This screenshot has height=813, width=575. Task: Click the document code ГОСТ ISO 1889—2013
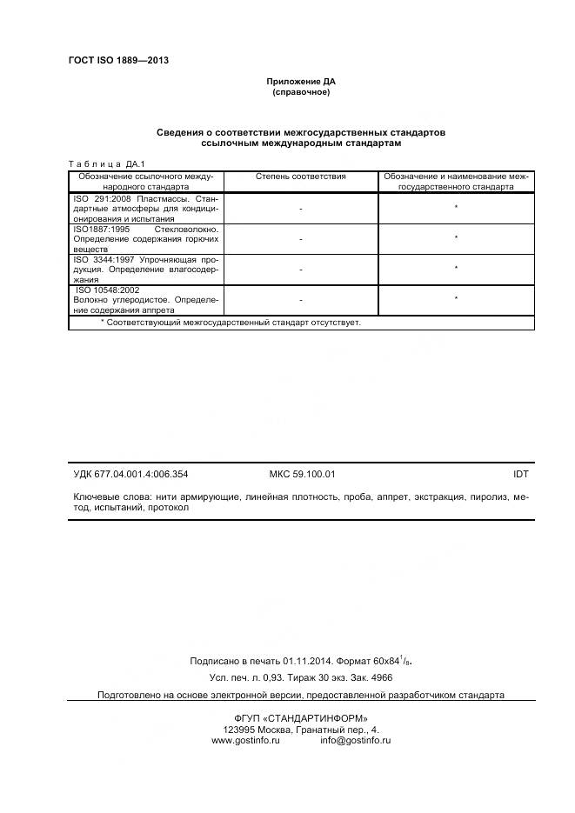[x=117, y=60]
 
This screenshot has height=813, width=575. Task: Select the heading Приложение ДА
[x=300, y=82]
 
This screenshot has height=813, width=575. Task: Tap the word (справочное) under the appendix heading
[x=300, y=92]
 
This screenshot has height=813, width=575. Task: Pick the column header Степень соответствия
[x=300, y=177]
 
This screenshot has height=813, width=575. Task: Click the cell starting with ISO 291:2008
[x=145, y=209]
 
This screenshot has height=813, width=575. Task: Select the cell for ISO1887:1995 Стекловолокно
[x=145, y=238]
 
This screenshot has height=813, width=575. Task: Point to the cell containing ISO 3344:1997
[x=145, y=269]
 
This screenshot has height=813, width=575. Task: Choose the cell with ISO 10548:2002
[x=145, y=299]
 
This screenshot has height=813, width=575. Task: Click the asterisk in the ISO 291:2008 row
[x=456, y=208]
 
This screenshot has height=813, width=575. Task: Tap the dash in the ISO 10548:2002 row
[x=300, y=300]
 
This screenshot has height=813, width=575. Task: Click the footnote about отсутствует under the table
[x=231, y=322]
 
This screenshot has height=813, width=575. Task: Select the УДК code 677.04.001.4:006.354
[x=130, y=475]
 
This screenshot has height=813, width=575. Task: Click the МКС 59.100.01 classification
[x=303, y=475]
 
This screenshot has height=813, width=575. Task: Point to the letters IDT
[x=520, y=475]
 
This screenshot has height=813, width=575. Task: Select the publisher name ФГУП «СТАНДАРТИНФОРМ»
[x=301, y=718]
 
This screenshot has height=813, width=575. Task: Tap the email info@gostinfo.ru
[x=355, y=740]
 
